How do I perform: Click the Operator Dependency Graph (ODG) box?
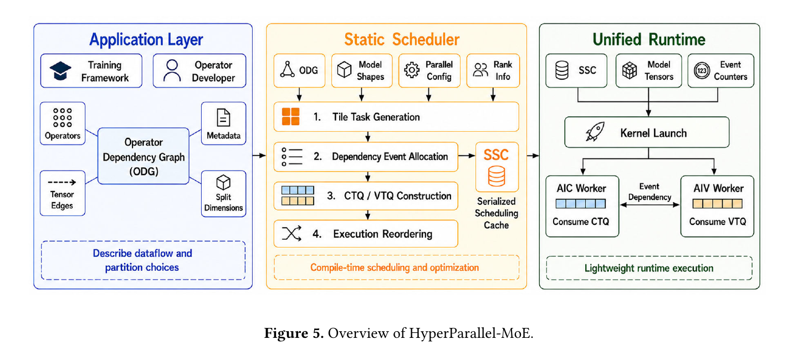click(x=143, y=156)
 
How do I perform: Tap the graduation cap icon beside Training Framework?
click(x=60, y=70)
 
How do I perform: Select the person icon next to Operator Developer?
click(x=172, y=70)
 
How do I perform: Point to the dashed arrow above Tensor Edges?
click(x=62, y=182)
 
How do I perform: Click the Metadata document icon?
click(x=223, y=117)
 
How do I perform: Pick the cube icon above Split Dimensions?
click(x=223, y=183)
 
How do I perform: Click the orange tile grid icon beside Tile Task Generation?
click(x=291, y=116)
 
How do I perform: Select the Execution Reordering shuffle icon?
click(x=291, y=234)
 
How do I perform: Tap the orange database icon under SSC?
click(x=497, y=176)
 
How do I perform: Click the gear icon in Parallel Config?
click(x=412, y=70)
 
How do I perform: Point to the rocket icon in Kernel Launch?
click(x=595, y=132)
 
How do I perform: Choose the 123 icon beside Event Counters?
click(x=702, y=70)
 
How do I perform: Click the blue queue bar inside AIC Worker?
click(x=581, y=204)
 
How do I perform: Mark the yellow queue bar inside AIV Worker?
click(x=718, y=204)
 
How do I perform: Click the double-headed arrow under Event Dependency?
click(x=650, y=205)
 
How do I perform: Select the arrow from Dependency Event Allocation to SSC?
click(x=467, y=156)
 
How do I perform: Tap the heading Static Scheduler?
click(x=401, y=39)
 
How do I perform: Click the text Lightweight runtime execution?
click(x=649, y=268)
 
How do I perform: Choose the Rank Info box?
click(x=493, y=70)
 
